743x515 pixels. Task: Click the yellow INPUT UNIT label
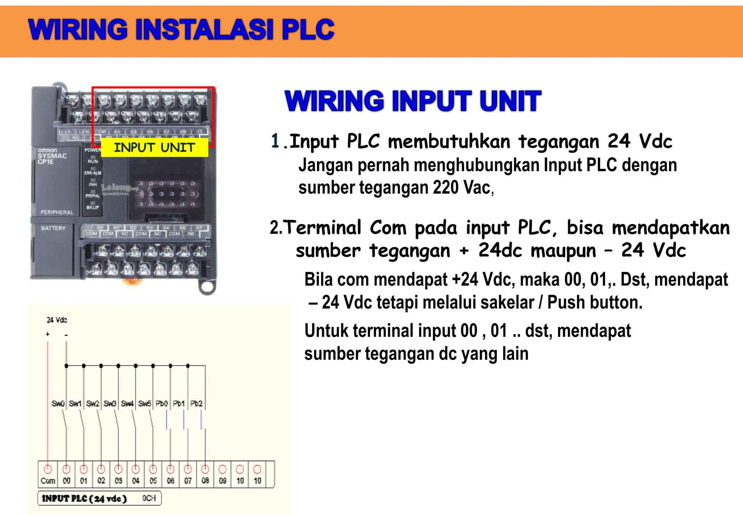click(x=155, y=147)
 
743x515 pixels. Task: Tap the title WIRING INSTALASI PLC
click(x=181, y=29)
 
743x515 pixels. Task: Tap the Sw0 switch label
click(x=58, y=404)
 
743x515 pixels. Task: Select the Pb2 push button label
click(x=196, y=404)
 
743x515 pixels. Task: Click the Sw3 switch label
click(x=110, y=404)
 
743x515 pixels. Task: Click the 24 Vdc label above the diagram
click(x=57, y=320)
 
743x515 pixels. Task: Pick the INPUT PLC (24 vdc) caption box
click(x=99, y=498)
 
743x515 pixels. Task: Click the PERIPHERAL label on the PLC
click(x=57, y=212)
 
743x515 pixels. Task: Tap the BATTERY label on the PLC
click(x=53, y=228)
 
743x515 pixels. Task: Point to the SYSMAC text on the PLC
click(x=52, y=156)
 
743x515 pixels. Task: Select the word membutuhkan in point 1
click(x=449, y=141)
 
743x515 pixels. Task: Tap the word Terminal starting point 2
click(x=322, y=228)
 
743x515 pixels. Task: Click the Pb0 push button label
click(x=162, y=404)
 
